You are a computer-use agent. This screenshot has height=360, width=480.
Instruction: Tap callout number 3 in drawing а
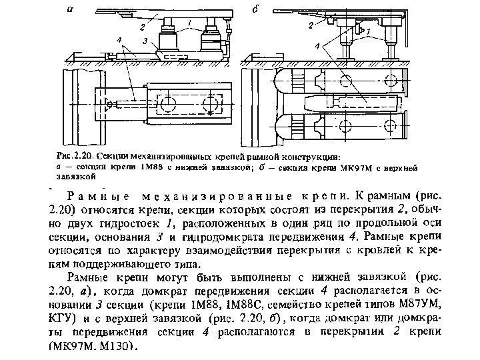click(x=146, y=41)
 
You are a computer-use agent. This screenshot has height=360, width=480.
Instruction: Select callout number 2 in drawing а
click(x=141, y=27)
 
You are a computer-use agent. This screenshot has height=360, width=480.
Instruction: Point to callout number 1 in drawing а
click(x=189, y=21)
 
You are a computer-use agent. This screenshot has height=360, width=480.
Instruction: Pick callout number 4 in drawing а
click(x=119, y=41)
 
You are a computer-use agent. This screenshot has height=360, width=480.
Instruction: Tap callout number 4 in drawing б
click(x=318, y=44)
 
